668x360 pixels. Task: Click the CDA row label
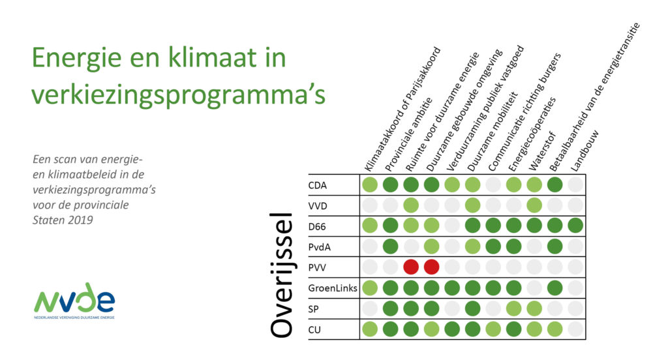coord(318,185)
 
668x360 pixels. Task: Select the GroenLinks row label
coord(333,288)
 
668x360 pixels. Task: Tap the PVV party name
coord(317,267)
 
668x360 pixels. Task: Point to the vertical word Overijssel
coord(282,275)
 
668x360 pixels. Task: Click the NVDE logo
coord(74,300)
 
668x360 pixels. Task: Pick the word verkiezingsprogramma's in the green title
coord(179,95)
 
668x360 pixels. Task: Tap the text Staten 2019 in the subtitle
coord(63,220)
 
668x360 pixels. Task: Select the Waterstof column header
coord(542,151)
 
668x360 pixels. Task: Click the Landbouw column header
coord(584,151)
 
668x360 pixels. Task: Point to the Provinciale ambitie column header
coord(408,134)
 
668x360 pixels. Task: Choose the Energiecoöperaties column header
coord(532,134)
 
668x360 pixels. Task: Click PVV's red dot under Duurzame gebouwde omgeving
coord(432,267)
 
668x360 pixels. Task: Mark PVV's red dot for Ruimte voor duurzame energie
coord(411,267)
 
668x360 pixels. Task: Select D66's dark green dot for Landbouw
coord(575,226)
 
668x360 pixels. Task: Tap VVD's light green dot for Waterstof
coord(534,205)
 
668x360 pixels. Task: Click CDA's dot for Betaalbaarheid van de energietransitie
coord(554,185)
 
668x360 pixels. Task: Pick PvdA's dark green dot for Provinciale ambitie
coord(390,247)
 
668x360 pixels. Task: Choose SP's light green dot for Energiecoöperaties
coord(514,308)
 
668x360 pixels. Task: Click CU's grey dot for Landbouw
coord(575,329)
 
